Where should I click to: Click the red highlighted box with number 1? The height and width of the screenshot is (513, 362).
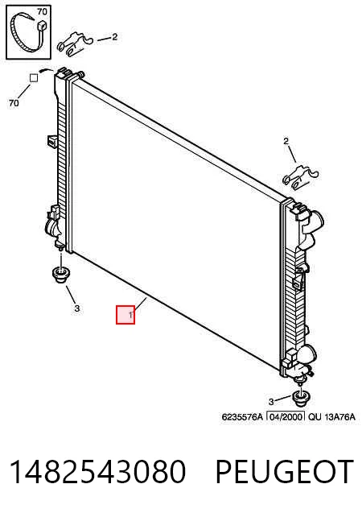[x=125, y=315]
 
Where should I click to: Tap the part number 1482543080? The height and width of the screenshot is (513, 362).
[x=97, y=471]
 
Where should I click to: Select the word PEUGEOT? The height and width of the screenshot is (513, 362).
[x=284, y=471]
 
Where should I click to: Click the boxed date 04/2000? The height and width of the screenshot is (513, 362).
[x=286, y=416]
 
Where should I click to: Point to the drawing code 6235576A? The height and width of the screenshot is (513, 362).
[x=242, y=417]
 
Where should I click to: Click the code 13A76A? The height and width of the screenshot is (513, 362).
[x=339, y=417]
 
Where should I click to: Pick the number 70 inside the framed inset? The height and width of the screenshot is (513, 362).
[x=42, y=12]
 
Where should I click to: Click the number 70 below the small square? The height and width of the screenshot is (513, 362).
[x=14, y=103]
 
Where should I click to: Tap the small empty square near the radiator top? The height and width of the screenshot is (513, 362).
[x=34, y=78]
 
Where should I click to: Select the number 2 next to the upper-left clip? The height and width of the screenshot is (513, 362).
[x=114, y=37]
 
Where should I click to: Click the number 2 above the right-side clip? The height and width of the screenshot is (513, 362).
[x=286, y=142]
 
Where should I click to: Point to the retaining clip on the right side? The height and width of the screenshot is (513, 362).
[x=300, y=178]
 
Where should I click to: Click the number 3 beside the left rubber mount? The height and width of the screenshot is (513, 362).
[x=76, y=308]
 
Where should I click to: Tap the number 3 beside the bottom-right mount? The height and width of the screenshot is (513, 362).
[x=271, y=401]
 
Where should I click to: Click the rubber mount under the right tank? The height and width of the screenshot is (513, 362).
[x=301, y=397]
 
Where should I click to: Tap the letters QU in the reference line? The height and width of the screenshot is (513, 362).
[x=315, y=417]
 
